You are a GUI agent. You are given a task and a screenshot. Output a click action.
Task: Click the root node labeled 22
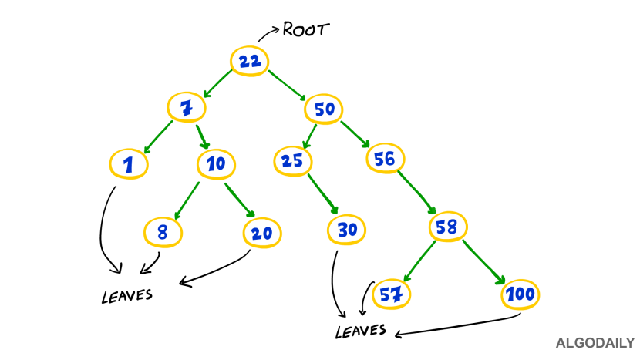coord(249,62)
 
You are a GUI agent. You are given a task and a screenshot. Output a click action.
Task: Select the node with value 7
coord(187,107)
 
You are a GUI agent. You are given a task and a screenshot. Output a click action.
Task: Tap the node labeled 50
coord(324,109)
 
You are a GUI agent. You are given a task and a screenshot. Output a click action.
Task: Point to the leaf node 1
coord(129,164)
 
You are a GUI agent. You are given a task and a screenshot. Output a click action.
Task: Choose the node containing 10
coord(216,163)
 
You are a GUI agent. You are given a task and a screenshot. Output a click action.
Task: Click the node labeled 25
coord(292,160)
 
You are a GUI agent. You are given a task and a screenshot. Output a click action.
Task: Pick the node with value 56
coord(385,158)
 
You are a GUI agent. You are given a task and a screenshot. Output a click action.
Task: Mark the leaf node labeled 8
coord(163,232)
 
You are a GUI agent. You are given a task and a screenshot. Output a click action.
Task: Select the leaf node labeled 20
coord(262,233)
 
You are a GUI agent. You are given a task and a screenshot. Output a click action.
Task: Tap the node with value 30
coord(347,229)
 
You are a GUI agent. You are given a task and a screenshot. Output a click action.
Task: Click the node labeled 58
coord(447,227)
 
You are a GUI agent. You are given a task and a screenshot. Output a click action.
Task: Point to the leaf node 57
coord(392,294)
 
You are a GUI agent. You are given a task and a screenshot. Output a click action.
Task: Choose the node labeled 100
coord(520,294)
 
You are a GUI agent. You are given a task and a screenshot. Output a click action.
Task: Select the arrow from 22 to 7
coord(217,84)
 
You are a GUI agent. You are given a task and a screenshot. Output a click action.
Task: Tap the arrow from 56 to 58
coord(416,191)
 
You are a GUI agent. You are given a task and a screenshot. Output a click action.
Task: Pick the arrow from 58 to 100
coord(484,262)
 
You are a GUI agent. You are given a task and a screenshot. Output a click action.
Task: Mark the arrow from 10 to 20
coord(240,200)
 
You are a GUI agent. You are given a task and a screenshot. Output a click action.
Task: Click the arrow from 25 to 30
coord(322,193)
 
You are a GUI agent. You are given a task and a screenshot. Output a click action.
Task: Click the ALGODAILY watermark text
coord(595,343)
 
